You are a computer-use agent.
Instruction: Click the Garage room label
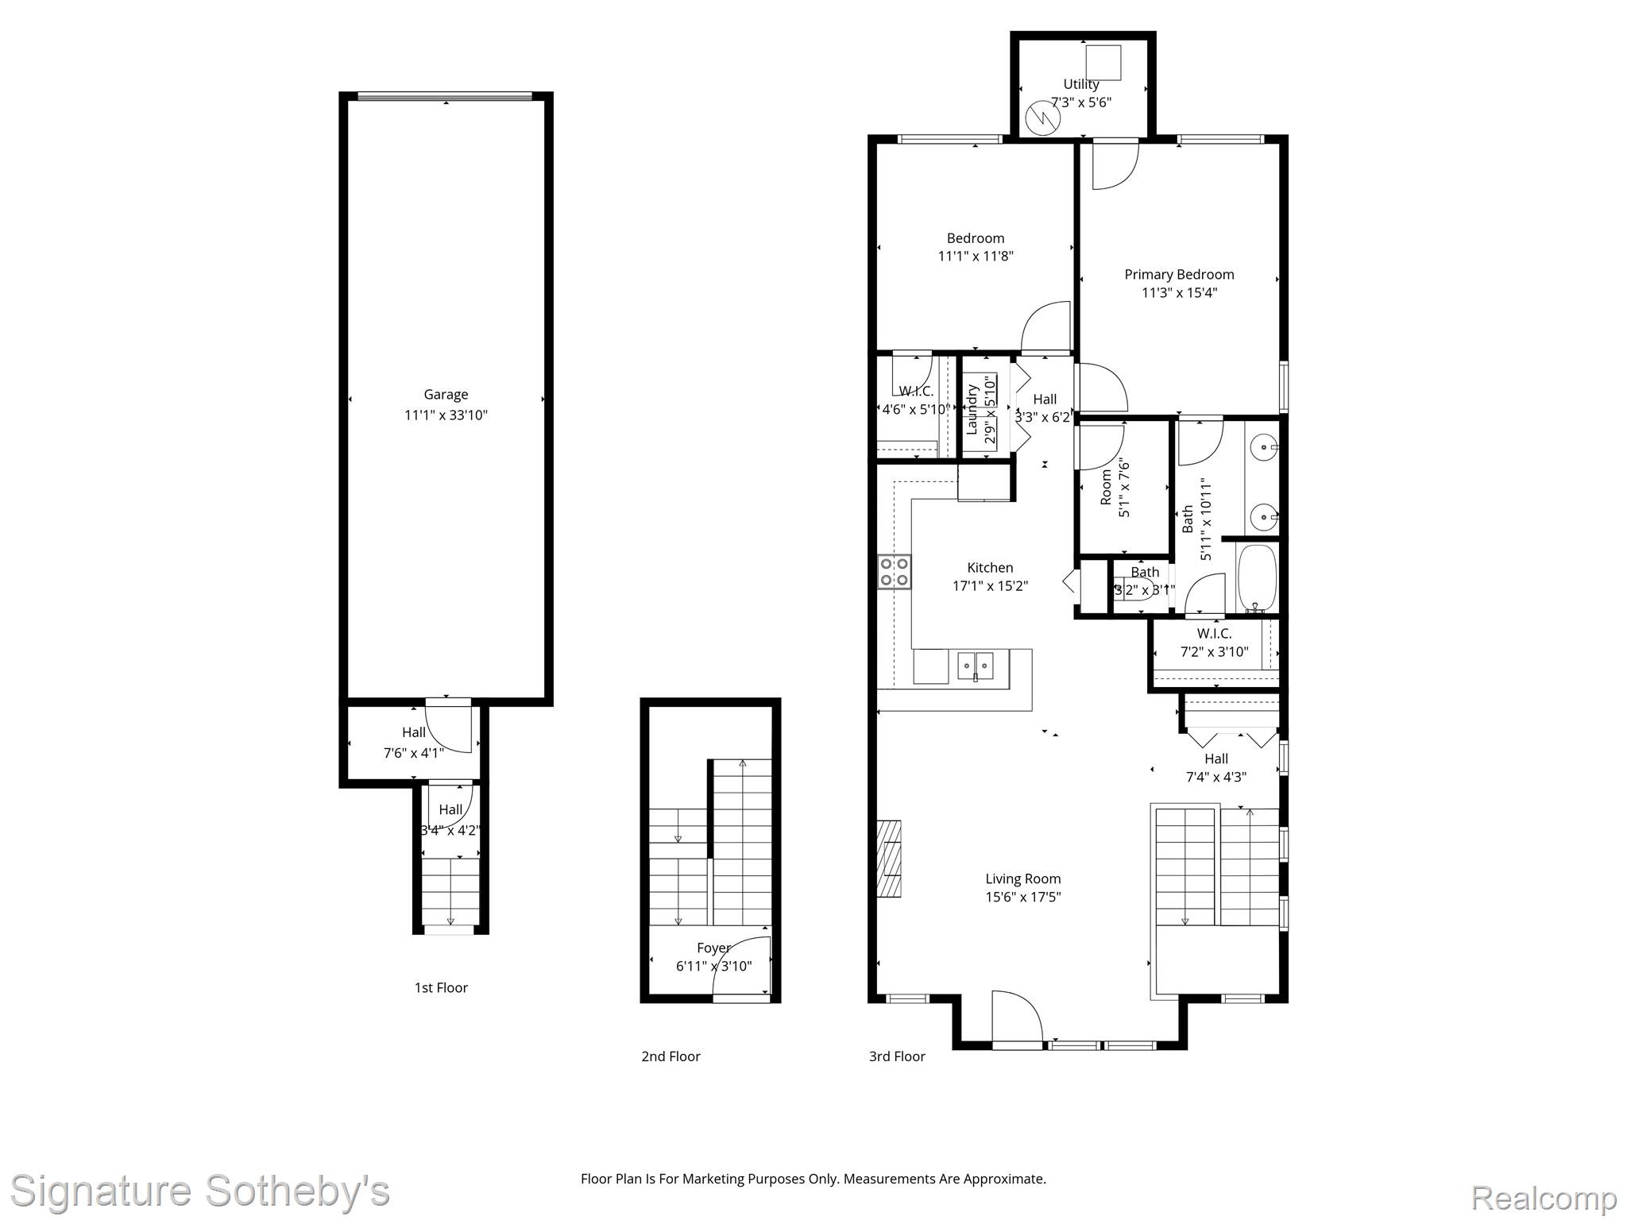pos(446,395)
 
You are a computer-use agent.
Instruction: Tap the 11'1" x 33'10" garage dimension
pos(446,415)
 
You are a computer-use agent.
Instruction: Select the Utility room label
pos(1081,84)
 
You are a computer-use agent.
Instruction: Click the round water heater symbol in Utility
pos(1042,119)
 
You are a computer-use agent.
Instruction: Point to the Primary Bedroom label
pos(1179,275)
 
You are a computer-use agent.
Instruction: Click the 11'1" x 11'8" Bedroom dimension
pos(976,256)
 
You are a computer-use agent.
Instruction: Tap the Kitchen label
pos(990,568)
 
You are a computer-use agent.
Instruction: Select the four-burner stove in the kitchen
pos(895,572)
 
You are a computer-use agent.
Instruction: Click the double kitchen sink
pos(976,665)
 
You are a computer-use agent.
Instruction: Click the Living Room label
pos(1023,878)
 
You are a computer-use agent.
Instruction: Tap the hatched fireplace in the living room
pos(889,858)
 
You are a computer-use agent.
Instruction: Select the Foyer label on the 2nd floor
pos(713,948)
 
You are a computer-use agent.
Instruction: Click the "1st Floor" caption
pos(441,987)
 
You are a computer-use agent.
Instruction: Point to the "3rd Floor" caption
pos(897,1056)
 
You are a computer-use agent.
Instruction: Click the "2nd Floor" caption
pos(671,1056)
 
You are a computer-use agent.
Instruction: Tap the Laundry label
pos(972,410)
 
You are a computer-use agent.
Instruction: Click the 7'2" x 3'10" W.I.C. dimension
pos(1214,652)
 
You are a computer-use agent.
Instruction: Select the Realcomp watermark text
pos(1544,1197)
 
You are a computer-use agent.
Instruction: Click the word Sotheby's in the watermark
pos(297,1191)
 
